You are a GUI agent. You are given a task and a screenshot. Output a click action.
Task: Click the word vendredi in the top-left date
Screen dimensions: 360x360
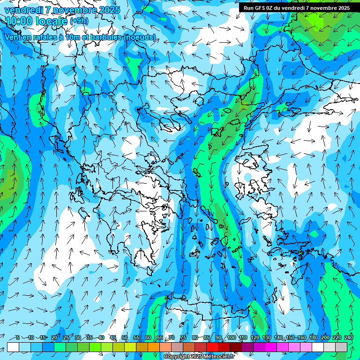tap(23, 10)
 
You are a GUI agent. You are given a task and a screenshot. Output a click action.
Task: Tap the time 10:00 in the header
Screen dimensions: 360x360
tap(20, 21)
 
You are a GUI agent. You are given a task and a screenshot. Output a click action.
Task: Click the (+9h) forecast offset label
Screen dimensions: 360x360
tap(78, 21)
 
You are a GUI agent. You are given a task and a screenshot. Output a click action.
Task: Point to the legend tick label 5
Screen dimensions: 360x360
tap(18, 337)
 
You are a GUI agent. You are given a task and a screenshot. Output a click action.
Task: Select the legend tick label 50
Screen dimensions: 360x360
tap(125, 337)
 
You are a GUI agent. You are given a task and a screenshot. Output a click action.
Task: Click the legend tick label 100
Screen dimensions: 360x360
tap(231, 337)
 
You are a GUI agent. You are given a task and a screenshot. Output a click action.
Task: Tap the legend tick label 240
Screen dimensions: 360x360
tap(349, 337)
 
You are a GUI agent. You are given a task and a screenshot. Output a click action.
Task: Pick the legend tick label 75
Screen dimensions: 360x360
tap(184, 337)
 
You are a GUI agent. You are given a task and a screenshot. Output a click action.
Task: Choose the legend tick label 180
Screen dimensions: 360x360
tap(314, 337)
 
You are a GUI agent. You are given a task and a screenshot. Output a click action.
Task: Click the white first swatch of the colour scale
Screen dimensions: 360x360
tap(13, 347)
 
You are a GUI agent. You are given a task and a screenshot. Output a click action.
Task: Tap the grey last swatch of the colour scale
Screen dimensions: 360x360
tap(341, 347)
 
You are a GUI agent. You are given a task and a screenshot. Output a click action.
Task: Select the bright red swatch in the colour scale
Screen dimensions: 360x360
tap(212, 347)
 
